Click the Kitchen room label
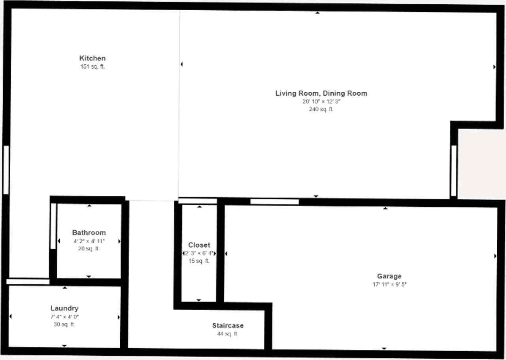(x=92, y=58)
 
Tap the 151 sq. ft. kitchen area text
(x=93, y=66)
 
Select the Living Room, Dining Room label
(x=321, y=93)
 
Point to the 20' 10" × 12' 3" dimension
(x=321, y=102)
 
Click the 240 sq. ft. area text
(x=321, y=109)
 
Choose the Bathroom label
(x=89, y=233)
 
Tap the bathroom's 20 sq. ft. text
(x=89, y=249)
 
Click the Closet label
(x=199, y=245)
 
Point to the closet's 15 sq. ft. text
(x=199, y=261)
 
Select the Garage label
(x=389, y=276)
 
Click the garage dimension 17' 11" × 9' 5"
(x=389, y=284)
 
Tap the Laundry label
(x=64, y=308)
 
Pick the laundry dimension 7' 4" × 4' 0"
(x=64, y=316)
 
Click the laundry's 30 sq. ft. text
(x=64, y=324)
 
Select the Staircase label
(x=228, y=326)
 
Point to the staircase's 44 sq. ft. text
(x=228, y=334)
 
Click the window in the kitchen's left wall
(x=6, y=170)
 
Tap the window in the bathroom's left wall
(x=53, y=226)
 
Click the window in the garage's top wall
(x=275, y=202)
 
